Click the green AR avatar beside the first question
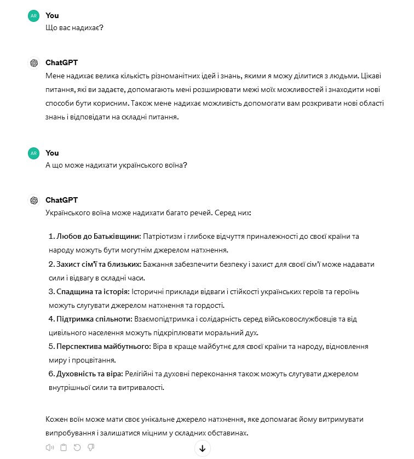34,16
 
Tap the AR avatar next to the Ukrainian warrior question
34,153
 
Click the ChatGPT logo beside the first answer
34,63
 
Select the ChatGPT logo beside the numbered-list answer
34,200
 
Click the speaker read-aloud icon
50,447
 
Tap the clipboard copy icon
64,447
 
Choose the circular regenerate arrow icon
77,447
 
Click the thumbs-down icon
90,447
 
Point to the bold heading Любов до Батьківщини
99,237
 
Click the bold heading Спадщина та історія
93,291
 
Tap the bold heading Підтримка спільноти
94,319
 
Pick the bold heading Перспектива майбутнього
103,346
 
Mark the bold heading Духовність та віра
90,374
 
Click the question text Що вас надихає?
74,28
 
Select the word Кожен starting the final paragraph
57,419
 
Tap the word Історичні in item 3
148,291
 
